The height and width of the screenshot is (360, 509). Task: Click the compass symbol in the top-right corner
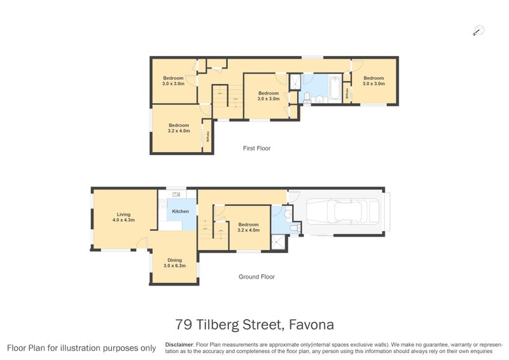click(x=478, y=29)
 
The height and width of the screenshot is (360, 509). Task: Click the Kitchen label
click(x=180, y=211)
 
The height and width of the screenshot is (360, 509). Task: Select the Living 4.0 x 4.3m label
click(x=124, y=217)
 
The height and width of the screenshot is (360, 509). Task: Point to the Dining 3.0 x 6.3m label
click(x=174, y=263)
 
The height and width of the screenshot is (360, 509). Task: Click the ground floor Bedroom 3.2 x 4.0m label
click(x=248, y=227)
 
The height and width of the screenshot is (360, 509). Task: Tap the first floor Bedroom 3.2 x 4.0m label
click(x=179, y=128)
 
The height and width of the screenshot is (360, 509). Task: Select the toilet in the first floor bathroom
click(x=307, y=97)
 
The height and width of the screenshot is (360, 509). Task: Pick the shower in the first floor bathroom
click(x=295, y=81)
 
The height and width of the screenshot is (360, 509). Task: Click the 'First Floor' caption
click(x=256, y=148)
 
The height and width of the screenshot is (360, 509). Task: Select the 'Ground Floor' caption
click(x=256, y=277)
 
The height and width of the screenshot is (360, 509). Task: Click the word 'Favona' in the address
click(x=311, y=325)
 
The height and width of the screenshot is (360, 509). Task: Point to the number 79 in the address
click(x=184, y=325)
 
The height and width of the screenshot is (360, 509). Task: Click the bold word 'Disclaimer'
click(x=179, y=343)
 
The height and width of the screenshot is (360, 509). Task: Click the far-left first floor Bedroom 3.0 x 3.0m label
click(x=173, y=81)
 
